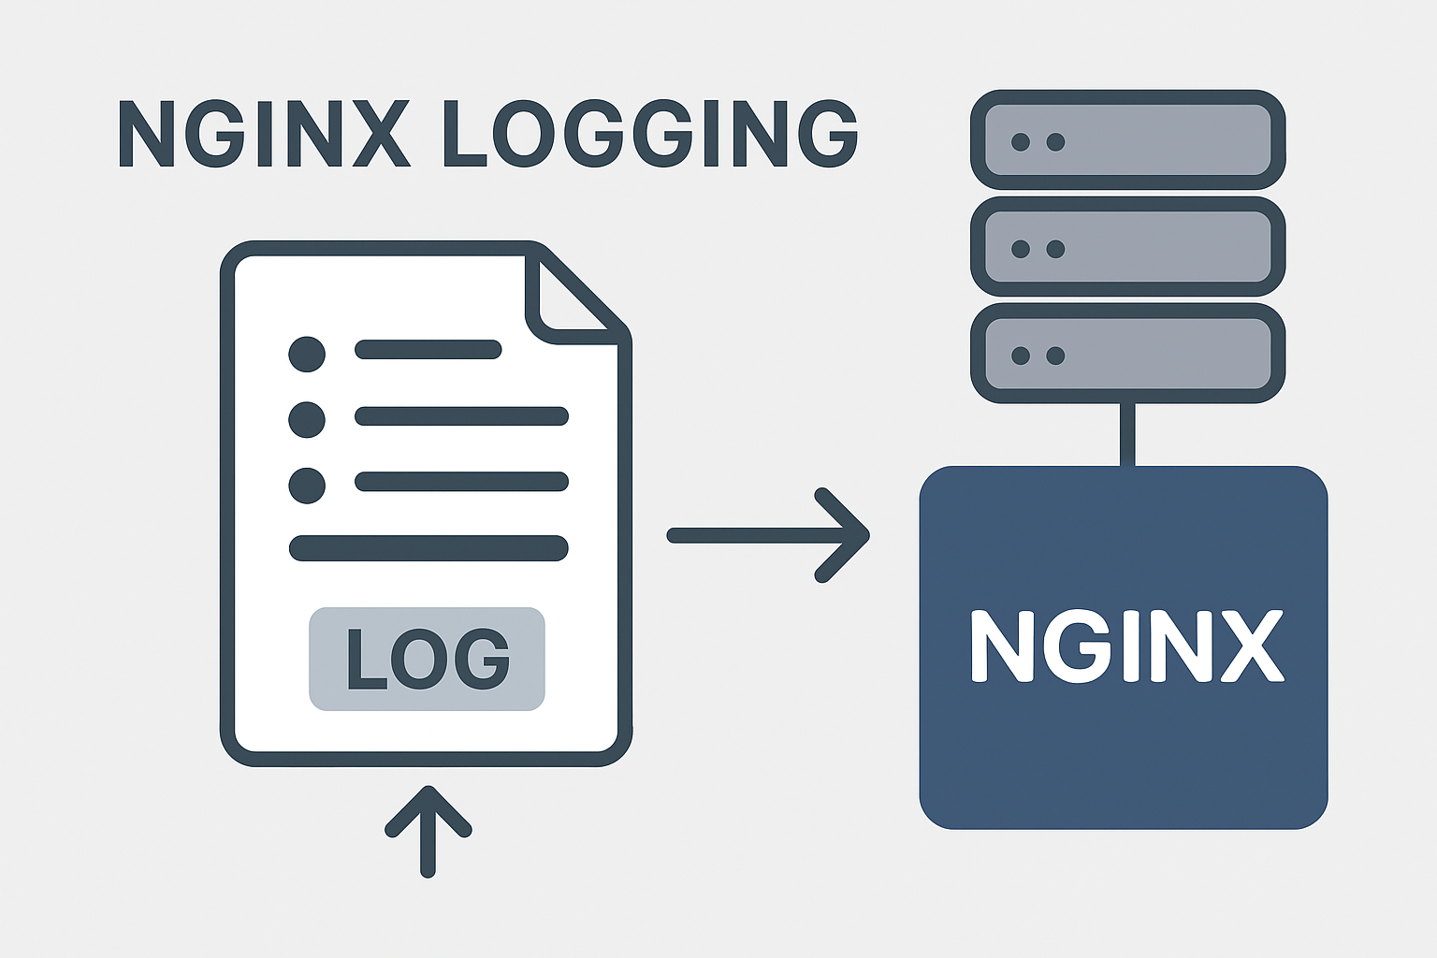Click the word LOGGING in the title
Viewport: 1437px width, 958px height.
(649, 134)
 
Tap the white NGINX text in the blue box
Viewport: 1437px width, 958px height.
(1125, 646)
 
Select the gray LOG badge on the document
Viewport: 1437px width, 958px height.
(427, 659)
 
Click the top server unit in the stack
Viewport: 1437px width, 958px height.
(1127, 140)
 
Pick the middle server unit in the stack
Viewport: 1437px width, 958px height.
(1127, 247)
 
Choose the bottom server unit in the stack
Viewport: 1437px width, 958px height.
(1127, 354)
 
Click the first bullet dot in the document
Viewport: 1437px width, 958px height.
(307, 354)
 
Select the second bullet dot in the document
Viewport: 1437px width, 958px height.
(307, 419)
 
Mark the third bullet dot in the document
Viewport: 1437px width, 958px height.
(307, 486)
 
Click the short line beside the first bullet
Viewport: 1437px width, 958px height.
(428, 350)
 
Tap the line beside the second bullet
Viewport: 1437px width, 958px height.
(461, 416)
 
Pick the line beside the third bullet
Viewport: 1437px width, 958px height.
(461, 482)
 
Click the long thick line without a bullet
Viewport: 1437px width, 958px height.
(428, 548)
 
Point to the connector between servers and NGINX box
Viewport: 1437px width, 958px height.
(1127, 434)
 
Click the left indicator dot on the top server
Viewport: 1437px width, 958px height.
(1021, 142)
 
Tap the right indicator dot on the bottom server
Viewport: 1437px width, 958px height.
(1055, 356)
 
